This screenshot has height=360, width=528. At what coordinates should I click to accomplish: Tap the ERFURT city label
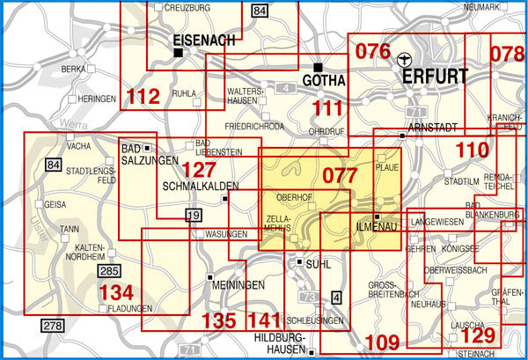436,77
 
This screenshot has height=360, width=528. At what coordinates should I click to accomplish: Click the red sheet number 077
340,175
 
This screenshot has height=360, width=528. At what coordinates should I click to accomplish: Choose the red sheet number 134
118,290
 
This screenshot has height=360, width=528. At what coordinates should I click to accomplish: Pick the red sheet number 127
199,168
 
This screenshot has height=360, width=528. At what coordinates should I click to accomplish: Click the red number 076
372,51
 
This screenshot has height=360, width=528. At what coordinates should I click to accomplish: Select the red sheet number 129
479,336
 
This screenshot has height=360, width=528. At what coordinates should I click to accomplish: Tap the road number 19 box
194,216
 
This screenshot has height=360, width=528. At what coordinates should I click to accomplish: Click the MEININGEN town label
238,286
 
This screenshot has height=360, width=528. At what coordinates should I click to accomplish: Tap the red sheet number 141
264,321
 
